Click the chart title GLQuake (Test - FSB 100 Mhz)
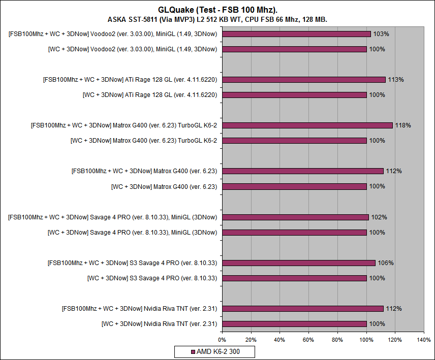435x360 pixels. pyautogui.click(x=217, y=10)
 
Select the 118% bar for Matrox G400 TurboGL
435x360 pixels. pyautogui.click(x=307, y=125)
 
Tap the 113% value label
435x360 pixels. pyautogui.click(x=396, y=80)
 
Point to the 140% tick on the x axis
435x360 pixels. pyautogui.click(x=423, y=339)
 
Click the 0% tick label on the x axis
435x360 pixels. pyautogui.click(x=222, y=339)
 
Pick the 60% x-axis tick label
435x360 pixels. pyautogui.click(x=308, y=339)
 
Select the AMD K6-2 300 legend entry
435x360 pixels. pyautogui.click(x=214, y=351)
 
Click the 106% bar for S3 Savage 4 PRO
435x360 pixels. pyautogui.click(x=299, y=263)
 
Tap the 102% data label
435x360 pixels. pyautogui.click(x=379, y=217)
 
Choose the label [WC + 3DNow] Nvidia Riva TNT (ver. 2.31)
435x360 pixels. pyautogui.click(x=159, y=324)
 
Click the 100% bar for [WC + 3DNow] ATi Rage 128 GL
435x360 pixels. pyautogui.click(x=294, y=95)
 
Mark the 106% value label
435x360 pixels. pyautogui.click(x=386, y=263)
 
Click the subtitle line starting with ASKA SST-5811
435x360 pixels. pyautogui.click(x=218, y=19)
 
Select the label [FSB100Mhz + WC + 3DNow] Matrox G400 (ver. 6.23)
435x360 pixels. pyautogui.click(x=144, y=171)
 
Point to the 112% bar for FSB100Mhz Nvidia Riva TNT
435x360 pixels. pyautogui.click(x=303, y=309)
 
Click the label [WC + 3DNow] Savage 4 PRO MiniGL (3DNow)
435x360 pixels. pyautogui.click(x=132, y=233)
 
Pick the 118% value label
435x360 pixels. pyautogui.click(x=403, y=125)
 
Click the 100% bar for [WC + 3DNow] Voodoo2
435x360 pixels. pyautogui.click(x=294, y=49)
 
